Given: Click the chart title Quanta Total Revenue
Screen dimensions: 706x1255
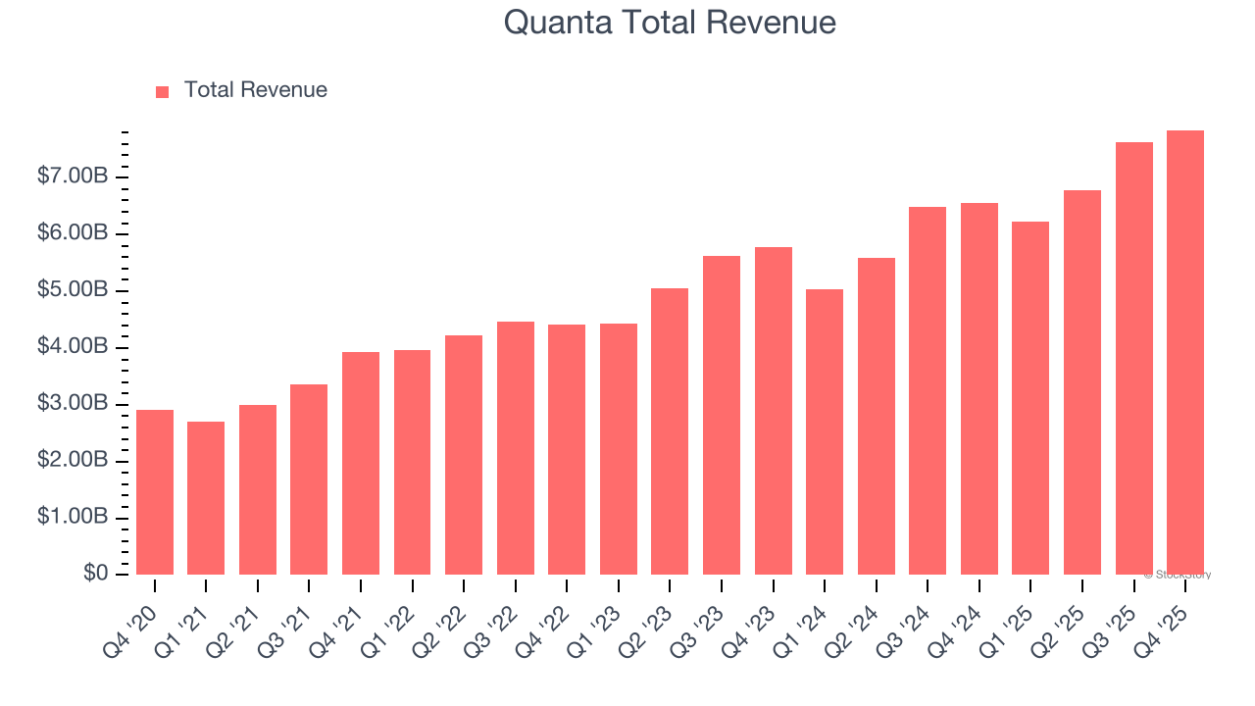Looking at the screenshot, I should (x=670, y=22).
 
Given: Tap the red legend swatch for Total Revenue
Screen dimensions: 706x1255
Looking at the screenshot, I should (x=163, y=91).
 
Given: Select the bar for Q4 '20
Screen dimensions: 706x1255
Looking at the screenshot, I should (x=155, y=492).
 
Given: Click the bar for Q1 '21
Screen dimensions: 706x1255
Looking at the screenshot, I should (x=206, y=498).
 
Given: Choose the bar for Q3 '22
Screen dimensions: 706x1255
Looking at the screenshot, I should (x=516, y=448).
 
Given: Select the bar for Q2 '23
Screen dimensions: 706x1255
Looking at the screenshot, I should (x=670, y=431).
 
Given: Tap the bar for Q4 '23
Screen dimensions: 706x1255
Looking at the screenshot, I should (x=774, y=411).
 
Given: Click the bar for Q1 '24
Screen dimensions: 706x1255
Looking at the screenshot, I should (x=825, y=431).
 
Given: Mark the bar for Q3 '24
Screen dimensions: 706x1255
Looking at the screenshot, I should (x=928, y=390).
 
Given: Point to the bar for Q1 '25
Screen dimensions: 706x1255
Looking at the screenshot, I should (x=1030, y=398).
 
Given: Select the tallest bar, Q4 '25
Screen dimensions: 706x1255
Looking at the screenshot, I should (x=1185, y=353).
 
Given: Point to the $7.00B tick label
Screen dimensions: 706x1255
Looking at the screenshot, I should (x=73, y=176).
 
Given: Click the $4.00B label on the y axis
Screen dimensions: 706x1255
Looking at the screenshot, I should (x=73, y=347).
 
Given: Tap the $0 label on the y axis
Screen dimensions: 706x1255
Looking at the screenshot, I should (x=95, y=573).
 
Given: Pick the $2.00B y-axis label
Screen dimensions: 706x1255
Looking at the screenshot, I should (x=73, y=461).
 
